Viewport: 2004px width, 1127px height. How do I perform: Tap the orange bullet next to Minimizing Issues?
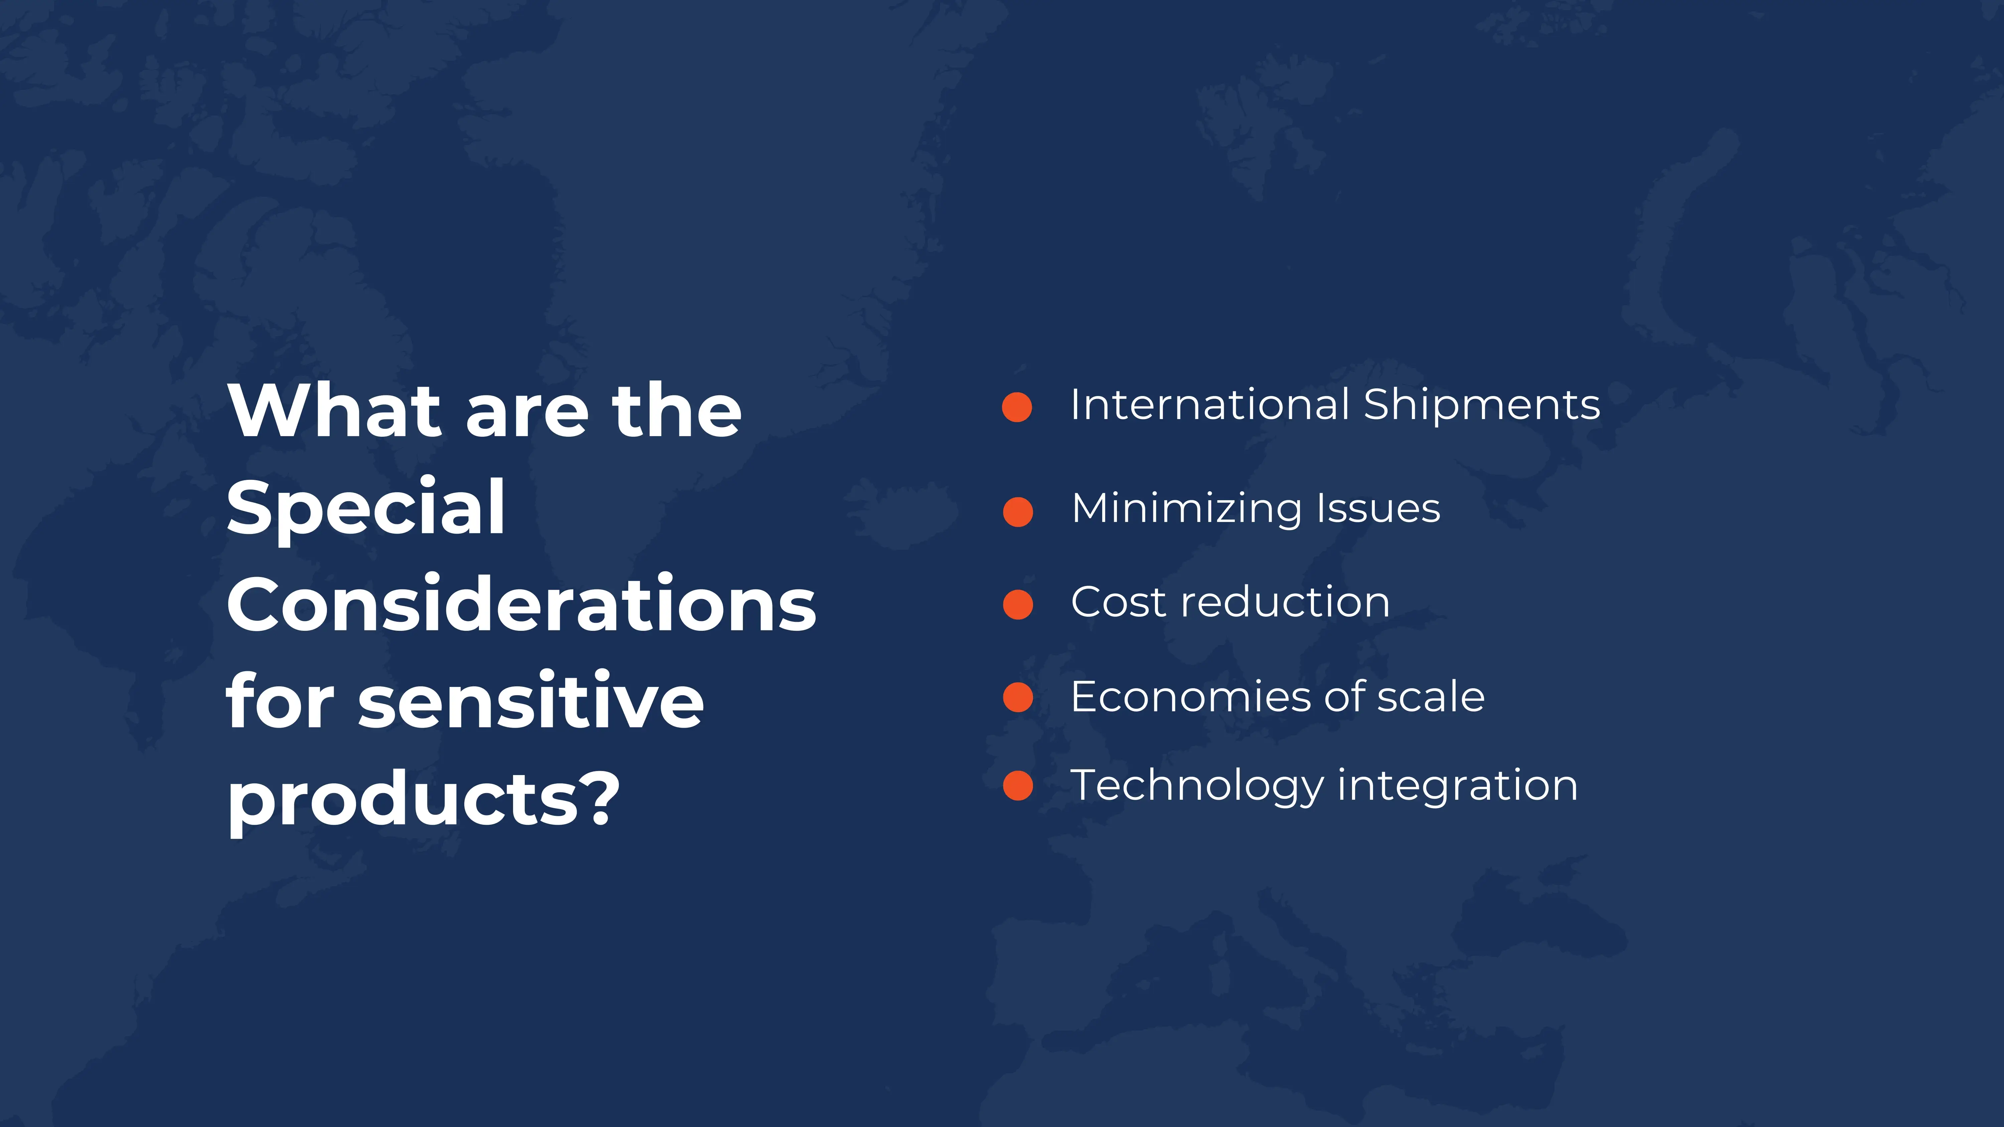click(x=1018, y=512)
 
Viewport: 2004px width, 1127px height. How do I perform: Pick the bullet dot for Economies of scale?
click(x=1018, y=697)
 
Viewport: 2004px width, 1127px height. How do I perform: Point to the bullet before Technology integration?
click(x=1018, y=785)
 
